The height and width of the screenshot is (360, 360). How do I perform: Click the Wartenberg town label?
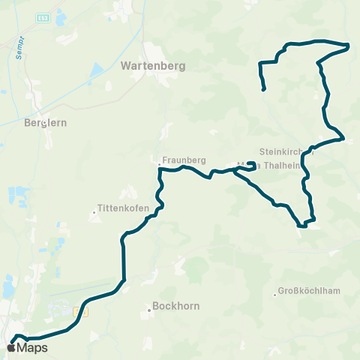click(152, 65)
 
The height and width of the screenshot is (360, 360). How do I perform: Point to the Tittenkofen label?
click(123, 208)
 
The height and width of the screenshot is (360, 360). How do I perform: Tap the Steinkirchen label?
click(279, 150)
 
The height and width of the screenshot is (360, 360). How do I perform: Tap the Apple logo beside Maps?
click(11, 347)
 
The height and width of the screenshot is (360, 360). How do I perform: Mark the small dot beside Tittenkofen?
click(93, 212)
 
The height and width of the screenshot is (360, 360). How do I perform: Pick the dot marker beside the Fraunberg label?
click(160, 160)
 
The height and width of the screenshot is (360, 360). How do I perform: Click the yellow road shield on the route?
click(82, 310)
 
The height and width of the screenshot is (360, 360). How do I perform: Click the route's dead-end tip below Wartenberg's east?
click(264, 91)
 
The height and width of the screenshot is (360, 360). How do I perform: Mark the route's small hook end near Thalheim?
click(250, 163)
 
